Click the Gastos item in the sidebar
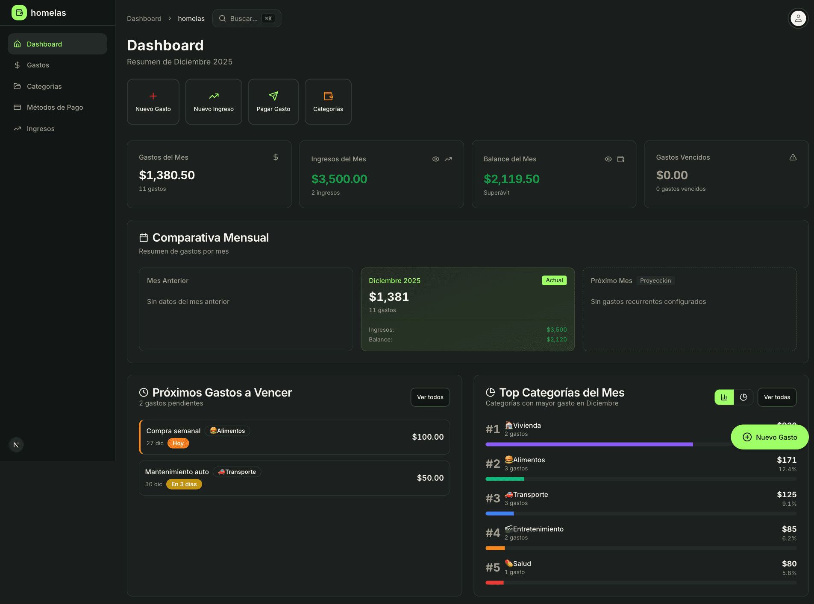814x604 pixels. (38, 65)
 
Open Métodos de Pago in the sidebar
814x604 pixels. (55, 107)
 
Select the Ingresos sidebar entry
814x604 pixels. (41, 128)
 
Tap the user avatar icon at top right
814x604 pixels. (798, 18)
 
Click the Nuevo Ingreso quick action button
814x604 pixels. (213, 102)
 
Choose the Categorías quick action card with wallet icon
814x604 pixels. (328, 102)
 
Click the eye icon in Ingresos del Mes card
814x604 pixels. (435, 159)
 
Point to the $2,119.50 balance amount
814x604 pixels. (511, 179)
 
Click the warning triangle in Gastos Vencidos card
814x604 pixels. (793, 157)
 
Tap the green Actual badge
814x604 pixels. (554, 280)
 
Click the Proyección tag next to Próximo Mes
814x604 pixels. (655, 280)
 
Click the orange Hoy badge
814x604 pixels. (178, 443)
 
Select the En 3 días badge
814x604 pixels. (184, 484)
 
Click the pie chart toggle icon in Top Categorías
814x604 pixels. (743, 397)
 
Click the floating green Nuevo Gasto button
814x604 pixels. (770, 437)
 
